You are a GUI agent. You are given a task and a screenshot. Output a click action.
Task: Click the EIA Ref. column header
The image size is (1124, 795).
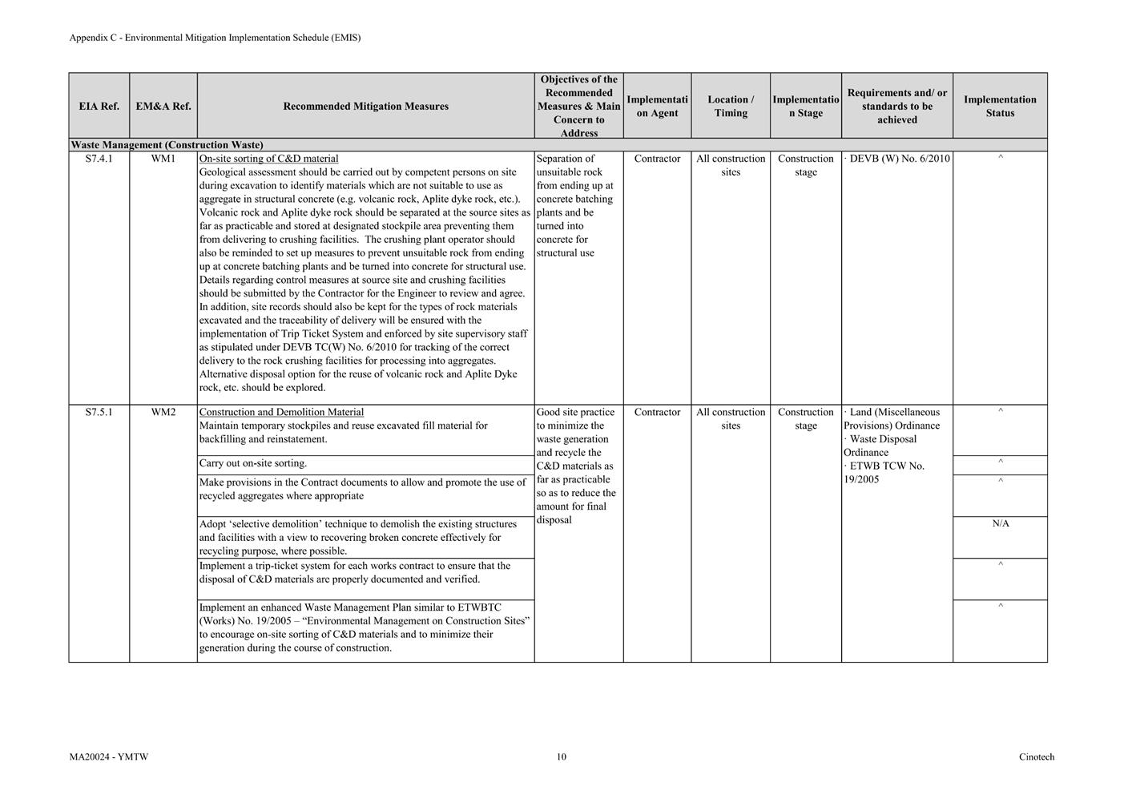pos(99,106)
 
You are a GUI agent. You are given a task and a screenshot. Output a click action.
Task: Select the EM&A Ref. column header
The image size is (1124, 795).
pos(163,106)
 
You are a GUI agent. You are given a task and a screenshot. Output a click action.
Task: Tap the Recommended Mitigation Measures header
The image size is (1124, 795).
pos(365,106)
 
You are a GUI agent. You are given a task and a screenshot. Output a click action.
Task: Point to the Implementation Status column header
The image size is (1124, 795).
pos(1000,106)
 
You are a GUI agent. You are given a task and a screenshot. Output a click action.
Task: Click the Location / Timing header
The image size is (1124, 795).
pos(731,106)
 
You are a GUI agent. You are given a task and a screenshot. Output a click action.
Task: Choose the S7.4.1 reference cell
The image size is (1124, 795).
pos(99,159)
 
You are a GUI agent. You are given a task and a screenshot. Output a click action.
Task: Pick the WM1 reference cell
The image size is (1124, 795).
pos(163,159)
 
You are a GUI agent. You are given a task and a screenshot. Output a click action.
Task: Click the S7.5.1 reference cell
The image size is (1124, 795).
pos(99,412)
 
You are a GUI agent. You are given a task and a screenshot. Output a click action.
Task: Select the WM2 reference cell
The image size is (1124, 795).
pos(163,412)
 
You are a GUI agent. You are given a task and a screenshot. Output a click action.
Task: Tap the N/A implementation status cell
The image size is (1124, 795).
pos(1001,523)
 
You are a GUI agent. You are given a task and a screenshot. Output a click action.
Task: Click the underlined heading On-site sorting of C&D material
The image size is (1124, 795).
pos(268,159)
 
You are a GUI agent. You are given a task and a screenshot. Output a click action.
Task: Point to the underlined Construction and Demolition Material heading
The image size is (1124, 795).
pos(281,412)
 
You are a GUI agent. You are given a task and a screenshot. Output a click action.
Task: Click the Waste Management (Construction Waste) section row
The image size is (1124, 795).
pos(167,145)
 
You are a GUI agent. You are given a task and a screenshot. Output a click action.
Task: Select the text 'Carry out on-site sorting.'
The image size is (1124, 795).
pos(253,463)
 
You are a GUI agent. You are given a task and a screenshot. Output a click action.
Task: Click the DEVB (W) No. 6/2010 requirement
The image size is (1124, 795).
pos(899,159)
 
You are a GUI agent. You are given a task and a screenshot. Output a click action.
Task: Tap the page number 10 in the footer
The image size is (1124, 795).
pos(562,757)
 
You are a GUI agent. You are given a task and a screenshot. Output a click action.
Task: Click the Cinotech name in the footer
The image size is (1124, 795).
pos(1037,757)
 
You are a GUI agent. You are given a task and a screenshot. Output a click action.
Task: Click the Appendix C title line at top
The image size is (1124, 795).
pos(215,38)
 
